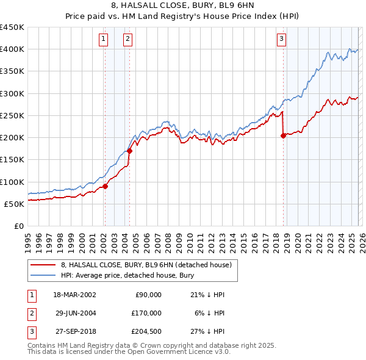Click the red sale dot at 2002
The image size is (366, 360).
coord(105,186)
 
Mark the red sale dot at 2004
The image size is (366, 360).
coord(129,151)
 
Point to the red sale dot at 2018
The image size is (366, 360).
coord(283,135)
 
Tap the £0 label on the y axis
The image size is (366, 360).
coord(18,226)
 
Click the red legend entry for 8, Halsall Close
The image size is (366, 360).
coord(146,265)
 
